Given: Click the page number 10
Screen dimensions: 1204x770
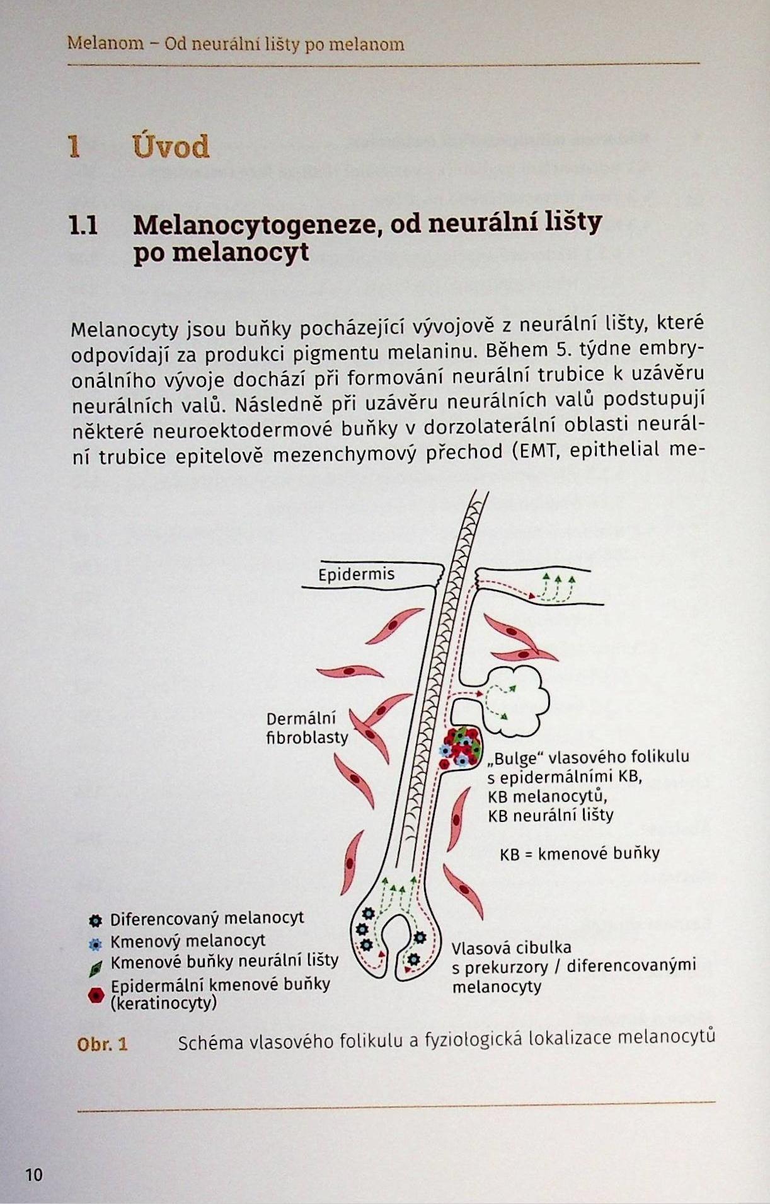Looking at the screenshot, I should click(x=34, y=1174).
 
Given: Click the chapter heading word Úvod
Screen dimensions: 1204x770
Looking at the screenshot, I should click(x=171, y=147).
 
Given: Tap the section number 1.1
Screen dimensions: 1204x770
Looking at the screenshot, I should click(x=83, y=225).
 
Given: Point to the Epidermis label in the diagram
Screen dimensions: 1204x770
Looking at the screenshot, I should click(x=356, y=574).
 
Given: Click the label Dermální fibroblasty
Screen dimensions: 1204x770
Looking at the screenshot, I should click(x=306, y=728).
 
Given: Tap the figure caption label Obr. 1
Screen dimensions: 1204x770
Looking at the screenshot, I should click(x=102, y=1045).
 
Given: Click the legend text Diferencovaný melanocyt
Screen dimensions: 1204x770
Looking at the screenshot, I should click(x=207, y=918).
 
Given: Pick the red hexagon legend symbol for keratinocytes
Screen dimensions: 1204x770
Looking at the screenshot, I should click(x=96, y=995).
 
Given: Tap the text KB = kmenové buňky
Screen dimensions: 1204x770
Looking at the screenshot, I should click(x=579, y=854).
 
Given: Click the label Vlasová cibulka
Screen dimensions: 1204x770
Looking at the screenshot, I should click(x=511, y=947).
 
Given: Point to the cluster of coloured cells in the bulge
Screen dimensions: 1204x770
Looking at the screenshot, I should click(x=462, y=746).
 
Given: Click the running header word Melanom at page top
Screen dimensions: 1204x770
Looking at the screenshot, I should click(x=105, y=44).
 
